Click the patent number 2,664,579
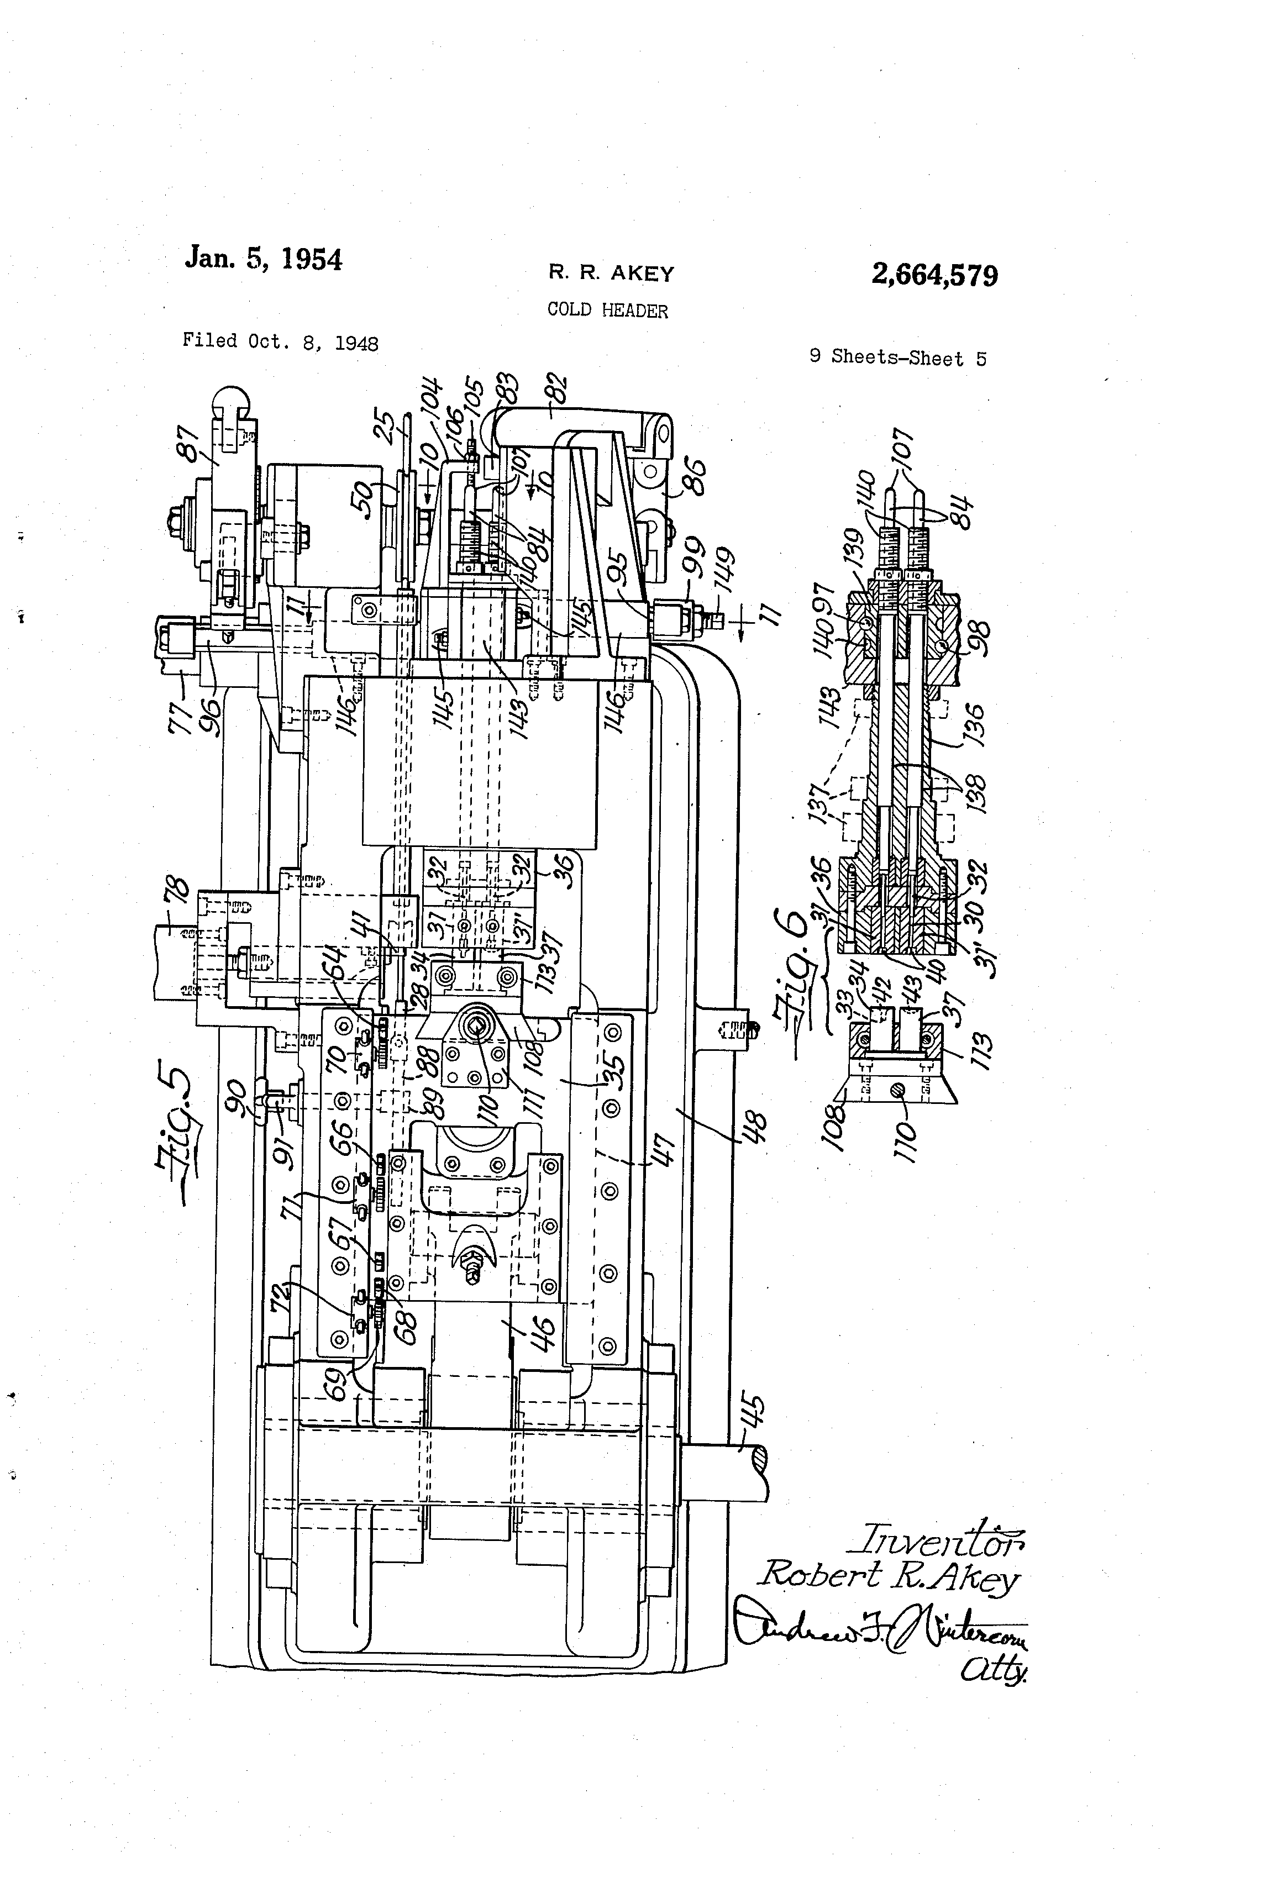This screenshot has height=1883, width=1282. pos(934,276)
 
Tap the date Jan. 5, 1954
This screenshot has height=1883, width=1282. pos(264,259)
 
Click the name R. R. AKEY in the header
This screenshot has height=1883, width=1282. pos(611,274)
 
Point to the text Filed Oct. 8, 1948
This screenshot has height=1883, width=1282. pos(280,342)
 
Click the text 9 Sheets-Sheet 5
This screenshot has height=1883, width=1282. pos(898,358)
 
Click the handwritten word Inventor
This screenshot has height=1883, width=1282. pos(935,1539)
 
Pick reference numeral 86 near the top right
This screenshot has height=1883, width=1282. pos(693,477)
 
